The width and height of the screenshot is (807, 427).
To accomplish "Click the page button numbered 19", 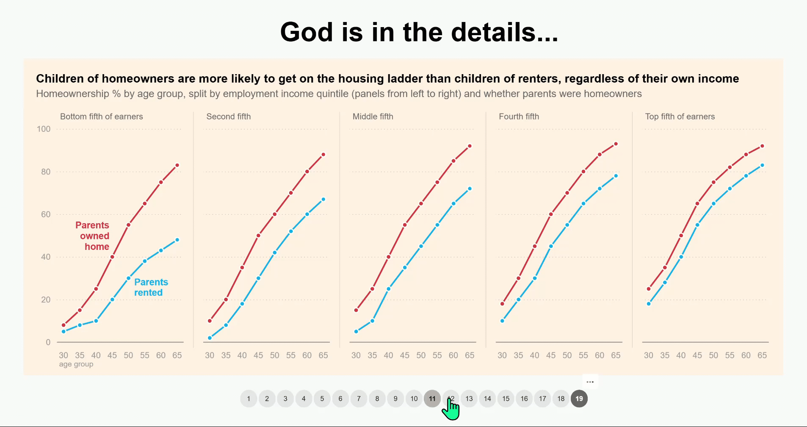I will (x=579, y=399).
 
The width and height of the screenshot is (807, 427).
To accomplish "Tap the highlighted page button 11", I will (x=432, y=399).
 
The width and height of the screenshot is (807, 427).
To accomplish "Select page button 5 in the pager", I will (x=322, y=399).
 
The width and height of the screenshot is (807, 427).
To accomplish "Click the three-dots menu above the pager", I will (x=590, y=382).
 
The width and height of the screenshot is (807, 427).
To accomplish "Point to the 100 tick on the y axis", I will (x=44, y=129).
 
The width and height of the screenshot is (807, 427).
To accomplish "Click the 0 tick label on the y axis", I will (x=48, y=342).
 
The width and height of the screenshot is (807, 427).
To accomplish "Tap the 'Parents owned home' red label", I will (x=93, y=236).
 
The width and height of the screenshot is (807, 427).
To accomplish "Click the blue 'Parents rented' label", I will (x=151, y=287).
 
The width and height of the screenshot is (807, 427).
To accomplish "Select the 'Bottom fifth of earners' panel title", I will (x=101, y=116).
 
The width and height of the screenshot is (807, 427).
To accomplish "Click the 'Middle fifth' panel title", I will (x=373, y=116).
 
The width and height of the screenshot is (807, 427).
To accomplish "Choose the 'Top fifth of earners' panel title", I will (x=680, y=116).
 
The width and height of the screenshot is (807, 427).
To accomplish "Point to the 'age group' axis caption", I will (x=76, y=364).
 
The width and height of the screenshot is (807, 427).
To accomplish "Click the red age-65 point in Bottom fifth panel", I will (x=177, y=165).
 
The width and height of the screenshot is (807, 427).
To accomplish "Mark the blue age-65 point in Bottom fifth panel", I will (x=177, y=240).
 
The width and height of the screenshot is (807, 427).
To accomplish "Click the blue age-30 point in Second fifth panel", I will (x=210, y=338).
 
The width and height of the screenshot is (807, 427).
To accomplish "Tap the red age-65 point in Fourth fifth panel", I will (x=616, y=144).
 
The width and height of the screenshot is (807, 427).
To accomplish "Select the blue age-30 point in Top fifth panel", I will (x=648, y=304).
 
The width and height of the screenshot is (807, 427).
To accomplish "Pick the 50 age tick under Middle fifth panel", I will (x=420, y=355).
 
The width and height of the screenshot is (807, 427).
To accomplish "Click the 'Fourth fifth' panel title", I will (x=519, y=116).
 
